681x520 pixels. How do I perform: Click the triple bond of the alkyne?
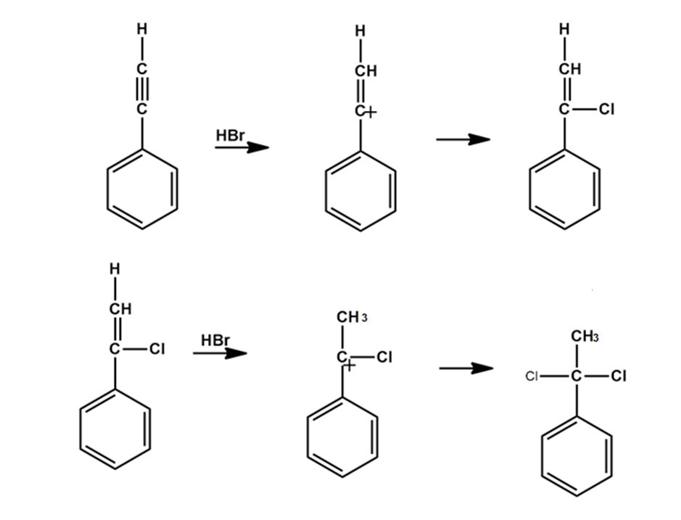[142, 89]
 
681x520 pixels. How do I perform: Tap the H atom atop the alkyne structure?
[142, 30]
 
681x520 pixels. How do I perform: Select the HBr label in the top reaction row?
[231, 136]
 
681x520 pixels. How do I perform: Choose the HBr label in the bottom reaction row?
[215, 341]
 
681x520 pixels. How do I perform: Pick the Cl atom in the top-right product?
[607, 110]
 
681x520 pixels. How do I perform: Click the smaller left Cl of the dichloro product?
[532, 376]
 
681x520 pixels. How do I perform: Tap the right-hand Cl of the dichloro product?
[618, 376]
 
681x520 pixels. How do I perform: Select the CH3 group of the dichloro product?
[585, 337]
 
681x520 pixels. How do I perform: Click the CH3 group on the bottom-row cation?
[352, 318]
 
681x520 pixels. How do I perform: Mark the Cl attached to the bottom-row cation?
[385, 357]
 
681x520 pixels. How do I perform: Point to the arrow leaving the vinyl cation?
[463, 139]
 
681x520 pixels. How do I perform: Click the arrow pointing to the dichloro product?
[466, 368]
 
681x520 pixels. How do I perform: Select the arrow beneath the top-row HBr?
[242, 147]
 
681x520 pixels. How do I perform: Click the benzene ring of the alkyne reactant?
[142, 189]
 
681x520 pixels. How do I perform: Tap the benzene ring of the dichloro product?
[577, 455]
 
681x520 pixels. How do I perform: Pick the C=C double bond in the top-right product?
[564, 89]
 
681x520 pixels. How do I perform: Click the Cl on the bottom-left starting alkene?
[157, 349]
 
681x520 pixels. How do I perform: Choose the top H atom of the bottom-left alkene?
[115, 269]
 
